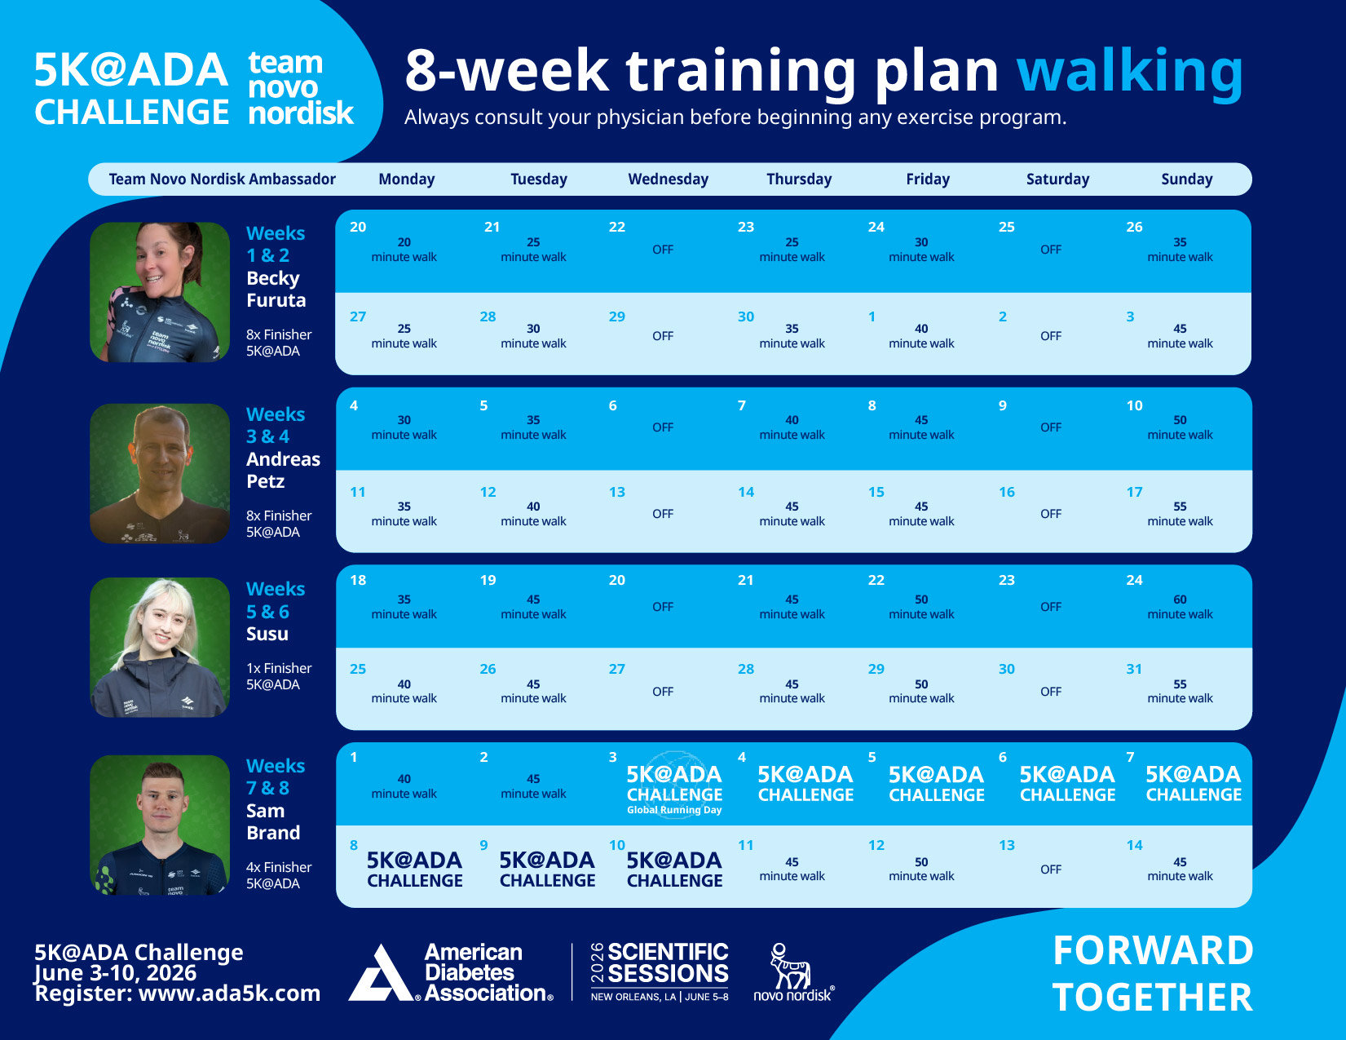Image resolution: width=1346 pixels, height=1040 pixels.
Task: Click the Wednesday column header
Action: click(x=668, y=179)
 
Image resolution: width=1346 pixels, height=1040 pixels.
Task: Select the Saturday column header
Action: click(x=1057, y=179)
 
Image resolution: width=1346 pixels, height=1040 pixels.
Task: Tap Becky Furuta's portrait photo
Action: click(x=160, y=292)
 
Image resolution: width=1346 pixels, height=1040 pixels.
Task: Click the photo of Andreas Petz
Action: click(x=160, y=473)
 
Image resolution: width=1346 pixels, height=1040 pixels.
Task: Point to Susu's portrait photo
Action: click(x=160, y=648)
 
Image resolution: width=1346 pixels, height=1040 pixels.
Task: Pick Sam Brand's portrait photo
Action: click(x=160, y=825)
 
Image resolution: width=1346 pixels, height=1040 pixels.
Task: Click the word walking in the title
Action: click(x=1130, y=72)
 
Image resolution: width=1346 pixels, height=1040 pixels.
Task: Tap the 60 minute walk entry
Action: click(x=1180, y=607)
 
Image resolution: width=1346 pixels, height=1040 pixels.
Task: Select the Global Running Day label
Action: click(x=674, y=810)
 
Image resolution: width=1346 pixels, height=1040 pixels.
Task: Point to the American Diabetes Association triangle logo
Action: click(x=380, y=974)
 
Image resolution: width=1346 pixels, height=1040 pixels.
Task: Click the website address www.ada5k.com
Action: click(x=229, y=994)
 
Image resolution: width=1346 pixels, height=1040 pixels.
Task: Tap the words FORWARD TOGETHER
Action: click(x=1152, y=974)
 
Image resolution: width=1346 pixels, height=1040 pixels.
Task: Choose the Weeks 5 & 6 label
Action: click(x=276, y=600)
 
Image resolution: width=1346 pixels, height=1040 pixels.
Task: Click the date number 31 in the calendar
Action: click(x=1134, y=669)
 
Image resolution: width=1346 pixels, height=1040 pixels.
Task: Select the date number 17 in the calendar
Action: click(x=1134, y=492)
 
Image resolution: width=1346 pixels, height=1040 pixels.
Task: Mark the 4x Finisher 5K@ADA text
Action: click(x=279, y=875)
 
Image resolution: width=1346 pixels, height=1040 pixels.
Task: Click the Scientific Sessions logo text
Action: click(x=667, y=963)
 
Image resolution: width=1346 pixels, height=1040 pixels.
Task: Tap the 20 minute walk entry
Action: click(x=404, y=250)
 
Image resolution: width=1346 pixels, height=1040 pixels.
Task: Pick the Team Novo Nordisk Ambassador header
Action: click(x=222, y=179)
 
